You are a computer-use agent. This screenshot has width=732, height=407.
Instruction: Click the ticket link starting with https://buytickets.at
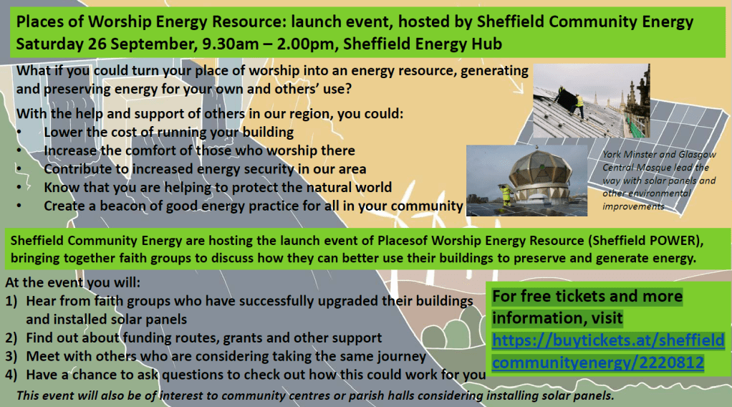pos(608,351)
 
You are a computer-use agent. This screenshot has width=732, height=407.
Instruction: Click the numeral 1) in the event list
pos(11,302)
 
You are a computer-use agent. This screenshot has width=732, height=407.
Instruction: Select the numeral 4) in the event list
pos(11,375)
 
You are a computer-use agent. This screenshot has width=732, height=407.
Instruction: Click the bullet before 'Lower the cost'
pos(19,133)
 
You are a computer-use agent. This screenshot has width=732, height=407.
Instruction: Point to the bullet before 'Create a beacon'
pos(19,206)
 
